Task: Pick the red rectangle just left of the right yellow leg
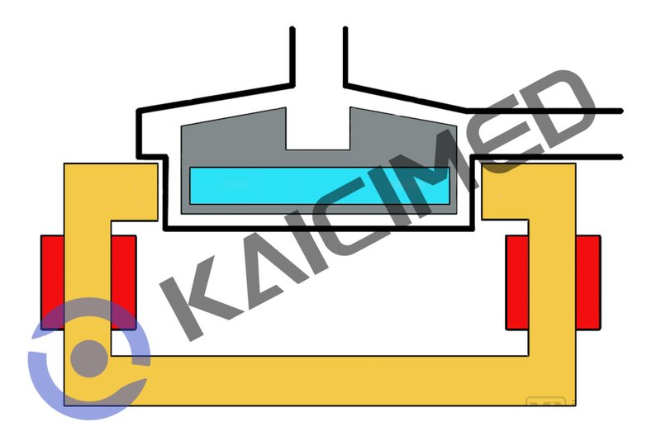[517, 281]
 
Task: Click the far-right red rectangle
[589, 281]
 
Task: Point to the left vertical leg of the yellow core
[87, 273]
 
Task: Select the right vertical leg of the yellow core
[553, 273]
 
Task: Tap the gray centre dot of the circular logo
[88, 356]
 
